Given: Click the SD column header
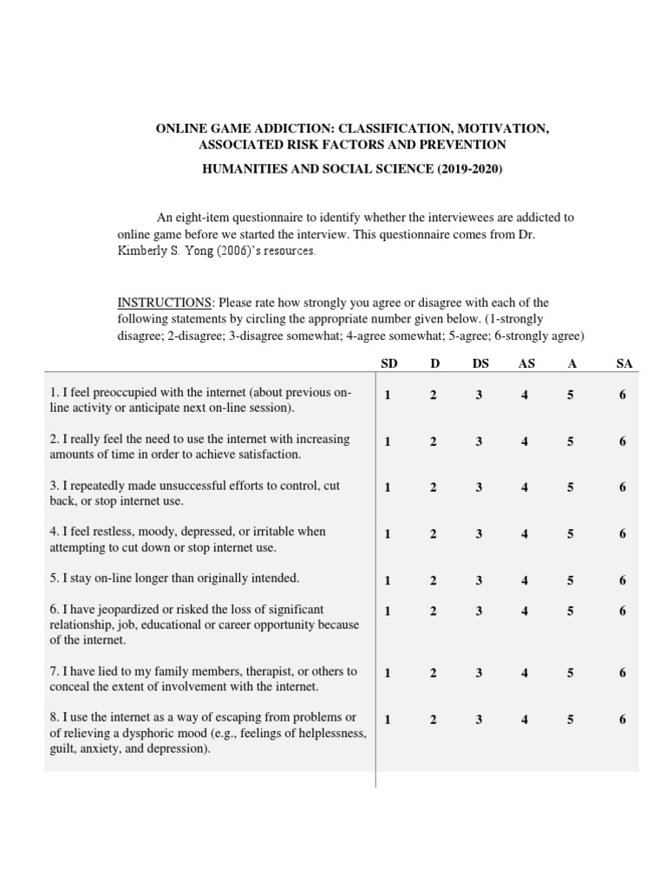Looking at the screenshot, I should [388, 363].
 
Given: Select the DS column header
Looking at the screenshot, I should [480, 363].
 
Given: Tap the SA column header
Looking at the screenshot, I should [624, 363].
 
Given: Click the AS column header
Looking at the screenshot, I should [526, 363].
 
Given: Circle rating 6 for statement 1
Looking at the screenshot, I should [623, 395].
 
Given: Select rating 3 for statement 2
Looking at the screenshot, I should [479, 441].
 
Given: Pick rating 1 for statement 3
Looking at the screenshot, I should [388, 487].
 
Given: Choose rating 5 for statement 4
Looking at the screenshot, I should [571, 534].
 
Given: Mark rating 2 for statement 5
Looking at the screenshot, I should [433, 581].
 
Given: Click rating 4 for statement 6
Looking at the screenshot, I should [525, 610].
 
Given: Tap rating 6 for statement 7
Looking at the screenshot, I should [623, 673].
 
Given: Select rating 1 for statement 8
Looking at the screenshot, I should [388, 720].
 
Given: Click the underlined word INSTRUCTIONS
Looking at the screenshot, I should [165, 303].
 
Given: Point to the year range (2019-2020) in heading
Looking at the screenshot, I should [465, 170].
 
